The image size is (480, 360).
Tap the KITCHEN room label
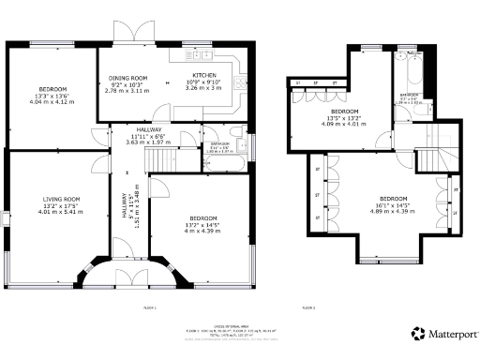(204, 75)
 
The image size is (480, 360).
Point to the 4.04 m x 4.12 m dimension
(52, 101)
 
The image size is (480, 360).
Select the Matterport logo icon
(418, 333)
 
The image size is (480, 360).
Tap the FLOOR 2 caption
(307, 307)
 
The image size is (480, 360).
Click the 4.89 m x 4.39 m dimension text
(394, 211)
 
